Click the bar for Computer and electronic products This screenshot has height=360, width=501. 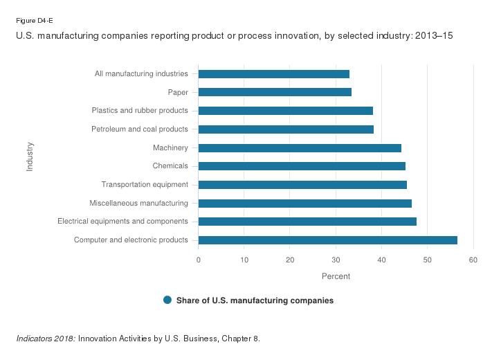pyautogui.click(x=327, y=240)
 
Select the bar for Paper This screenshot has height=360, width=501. pyautogui.click(x=275, y=92)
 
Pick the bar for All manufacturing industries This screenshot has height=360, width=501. pyautogui.click(x=273, y=74)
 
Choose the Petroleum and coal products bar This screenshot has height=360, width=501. pyautogui.click(x=286, y=129)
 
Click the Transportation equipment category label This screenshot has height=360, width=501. pyautogui.click(x=145, y=185)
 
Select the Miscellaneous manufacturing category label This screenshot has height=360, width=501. pyautogui.click(x=138, y=204)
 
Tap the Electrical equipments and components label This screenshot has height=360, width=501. pyautogui.click(x=122, y=222)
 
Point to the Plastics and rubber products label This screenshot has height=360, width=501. pyautogui.click(x=140, y=111)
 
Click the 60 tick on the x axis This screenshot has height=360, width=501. pyautogui.click(x=473, y=260)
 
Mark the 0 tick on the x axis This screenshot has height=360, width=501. pyautogui.click(x=199, y=260)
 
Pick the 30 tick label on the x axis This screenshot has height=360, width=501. pyautogui.click(x=336, y=260)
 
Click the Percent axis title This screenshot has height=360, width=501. pyautogui.click(x=336, y=276)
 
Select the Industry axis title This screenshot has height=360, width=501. pyautogui.click(x=30, y=156)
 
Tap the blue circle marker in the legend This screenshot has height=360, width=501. pyautogui.click(x=167, y=300)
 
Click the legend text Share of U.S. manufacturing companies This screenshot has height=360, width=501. pyautogui.click(x=255, y=300)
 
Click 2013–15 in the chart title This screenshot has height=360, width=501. pyautogui.click(x=433, y=35)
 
